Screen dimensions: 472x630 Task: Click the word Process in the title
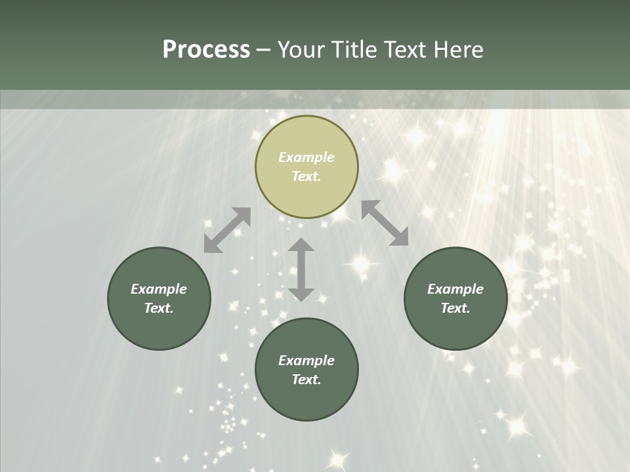point(206,50)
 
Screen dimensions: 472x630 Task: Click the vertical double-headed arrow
point(301,269)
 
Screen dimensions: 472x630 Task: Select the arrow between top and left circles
point(227,230)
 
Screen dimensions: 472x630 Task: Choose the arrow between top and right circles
point(385,223)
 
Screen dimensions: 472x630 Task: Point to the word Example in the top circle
point(306,157)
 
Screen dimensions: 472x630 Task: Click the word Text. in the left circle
point(159,308)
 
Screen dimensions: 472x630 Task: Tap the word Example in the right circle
point(455,289)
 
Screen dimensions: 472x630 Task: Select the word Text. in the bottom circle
point(306,380)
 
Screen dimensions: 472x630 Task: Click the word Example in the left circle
point(159,289)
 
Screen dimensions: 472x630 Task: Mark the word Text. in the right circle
point(455,308)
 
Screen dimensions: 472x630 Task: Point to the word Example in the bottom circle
point(306,361)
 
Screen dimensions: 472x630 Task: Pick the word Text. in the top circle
point(306,176)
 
